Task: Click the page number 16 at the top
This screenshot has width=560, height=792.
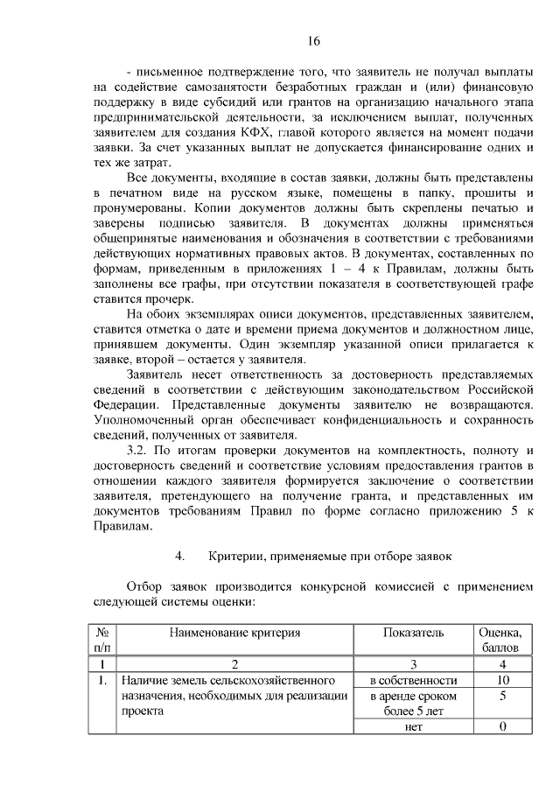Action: click(315, 40)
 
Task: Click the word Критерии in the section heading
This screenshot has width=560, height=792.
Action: click(239, 557)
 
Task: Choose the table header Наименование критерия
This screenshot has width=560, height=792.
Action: click(234, 633)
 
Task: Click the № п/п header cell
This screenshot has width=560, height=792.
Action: click(103, 640)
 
